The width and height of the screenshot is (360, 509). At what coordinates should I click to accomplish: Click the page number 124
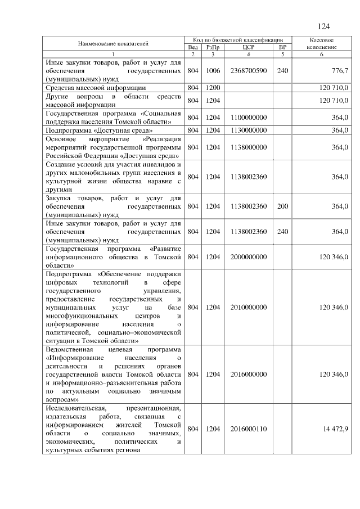tap(323, 26)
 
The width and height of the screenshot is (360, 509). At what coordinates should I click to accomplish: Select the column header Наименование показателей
tap(113, 43)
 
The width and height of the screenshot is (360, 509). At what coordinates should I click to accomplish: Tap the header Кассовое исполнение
tap(322, 43)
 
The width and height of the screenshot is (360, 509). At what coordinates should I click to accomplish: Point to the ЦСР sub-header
tap(249, 47)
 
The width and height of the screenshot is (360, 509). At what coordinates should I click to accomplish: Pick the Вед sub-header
tap(192, 47)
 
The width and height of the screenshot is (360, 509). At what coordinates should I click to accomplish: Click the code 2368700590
tap(249, 71)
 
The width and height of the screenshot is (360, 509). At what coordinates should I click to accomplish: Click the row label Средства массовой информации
tap(96, 88)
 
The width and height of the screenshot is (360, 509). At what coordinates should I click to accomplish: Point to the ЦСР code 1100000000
tap(249, 117)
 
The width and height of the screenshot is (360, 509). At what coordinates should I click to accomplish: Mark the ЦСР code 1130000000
tap(249, 130)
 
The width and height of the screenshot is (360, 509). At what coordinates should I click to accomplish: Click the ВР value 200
tap(282, 206)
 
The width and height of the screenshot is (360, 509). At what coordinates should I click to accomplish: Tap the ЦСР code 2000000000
tap(249, 256)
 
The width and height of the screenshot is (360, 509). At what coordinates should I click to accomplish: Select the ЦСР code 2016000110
tap(249, 429)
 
